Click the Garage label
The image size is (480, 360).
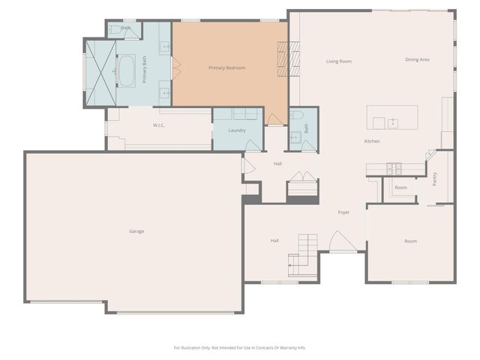click(136, 231)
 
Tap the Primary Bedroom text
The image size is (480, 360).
click(226, 68)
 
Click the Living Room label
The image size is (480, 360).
click(339, 61)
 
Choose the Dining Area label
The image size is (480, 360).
click(417, 59)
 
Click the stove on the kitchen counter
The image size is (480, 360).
click(394, 167)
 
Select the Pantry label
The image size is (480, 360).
click(434, 178)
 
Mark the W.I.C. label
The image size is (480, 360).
click(158, 125)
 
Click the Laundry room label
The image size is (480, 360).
click(237, 130)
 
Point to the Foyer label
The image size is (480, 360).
click(343, 213)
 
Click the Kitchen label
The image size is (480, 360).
click(372, 141)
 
